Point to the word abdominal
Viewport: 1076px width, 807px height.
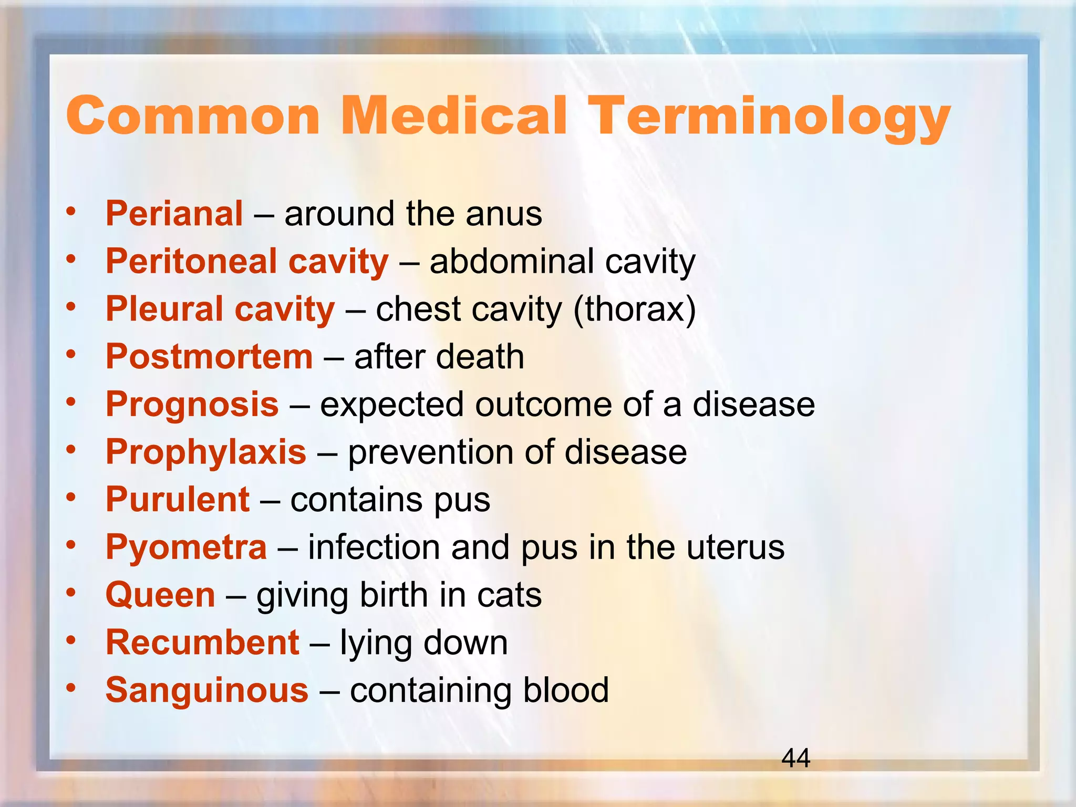(512, 261)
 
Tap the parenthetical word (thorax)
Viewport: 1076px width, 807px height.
(634, 309)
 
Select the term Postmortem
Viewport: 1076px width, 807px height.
(209, 357)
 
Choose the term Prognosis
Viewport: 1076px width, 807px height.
(192, 405)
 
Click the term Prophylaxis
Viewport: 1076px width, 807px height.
(205, 452)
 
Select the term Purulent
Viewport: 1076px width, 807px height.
(177, 500)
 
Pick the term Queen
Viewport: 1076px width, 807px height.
(160, 595)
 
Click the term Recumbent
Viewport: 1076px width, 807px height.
(202, 643)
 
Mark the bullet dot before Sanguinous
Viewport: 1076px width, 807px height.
(71, 687)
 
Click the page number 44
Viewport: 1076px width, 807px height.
(796, 758)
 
